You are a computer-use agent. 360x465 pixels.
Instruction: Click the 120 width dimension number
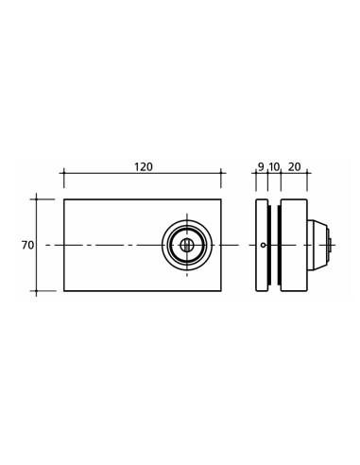(x=143, y=167)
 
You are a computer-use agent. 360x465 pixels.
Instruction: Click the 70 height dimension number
(x=27, y=245)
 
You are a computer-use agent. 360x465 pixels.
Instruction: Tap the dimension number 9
(x=261, y=167)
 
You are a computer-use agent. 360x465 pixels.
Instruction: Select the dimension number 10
(x=274, y=167)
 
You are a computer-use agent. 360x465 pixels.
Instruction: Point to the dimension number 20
(x=294, y=167)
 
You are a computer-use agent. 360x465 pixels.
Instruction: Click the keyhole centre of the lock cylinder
(x=187, y=245)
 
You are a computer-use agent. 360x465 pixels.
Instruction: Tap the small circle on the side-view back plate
(x=263, y=245)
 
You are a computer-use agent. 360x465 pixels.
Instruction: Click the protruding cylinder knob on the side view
(x=319, y=245)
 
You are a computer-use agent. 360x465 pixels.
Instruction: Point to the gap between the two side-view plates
(x=274, y=227)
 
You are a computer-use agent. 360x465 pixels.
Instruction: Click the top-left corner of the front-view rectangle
(x=64, y=199)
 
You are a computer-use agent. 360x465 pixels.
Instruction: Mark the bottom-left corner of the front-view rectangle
(x=64, y=291)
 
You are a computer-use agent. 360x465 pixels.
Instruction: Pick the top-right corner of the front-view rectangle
(x=221, y=199)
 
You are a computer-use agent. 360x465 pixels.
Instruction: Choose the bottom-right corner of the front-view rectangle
(x=221, y=291)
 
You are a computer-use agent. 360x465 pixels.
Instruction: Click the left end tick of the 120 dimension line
(x=64, y=174)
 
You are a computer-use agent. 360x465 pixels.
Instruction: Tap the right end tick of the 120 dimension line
(x=221, y=174)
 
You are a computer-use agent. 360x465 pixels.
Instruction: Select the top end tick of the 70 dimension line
(x=37, y=199)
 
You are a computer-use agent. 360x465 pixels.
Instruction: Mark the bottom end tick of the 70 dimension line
(x=37, y=291)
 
